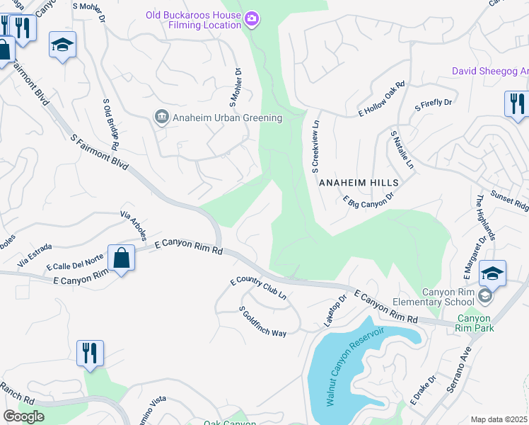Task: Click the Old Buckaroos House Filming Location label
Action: click(193, 19)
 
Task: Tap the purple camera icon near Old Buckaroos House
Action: click(251, 16)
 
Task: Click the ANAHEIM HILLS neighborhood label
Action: click(359, 183)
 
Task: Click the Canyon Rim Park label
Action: click(474, 323)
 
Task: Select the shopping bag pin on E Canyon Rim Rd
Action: click(122, 257)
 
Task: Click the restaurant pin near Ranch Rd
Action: click(90, 352)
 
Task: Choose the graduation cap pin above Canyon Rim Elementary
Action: click(492, 273)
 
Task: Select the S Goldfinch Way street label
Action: click(262, 322)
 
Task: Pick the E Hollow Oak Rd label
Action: click(382, 98)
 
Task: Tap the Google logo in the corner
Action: click(23, 416)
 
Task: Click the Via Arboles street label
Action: click(134, 225)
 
